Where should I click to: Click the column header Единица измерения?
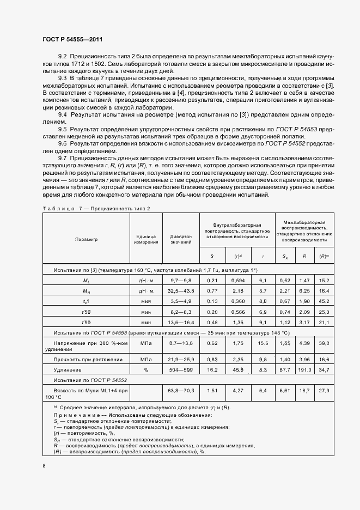pos(146,239)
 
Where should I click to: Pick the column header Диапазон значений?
pos(181,239)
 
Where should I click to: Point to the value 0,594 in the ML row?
pos(237,280)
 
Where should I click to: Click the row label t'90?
pos(86,322)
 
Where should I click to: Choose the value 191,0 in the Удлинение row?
pos(305,370)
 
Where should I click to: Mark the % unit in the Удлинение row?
pos(146,370)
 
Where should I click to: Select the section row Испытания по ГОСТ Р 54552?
pos(89,381)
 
